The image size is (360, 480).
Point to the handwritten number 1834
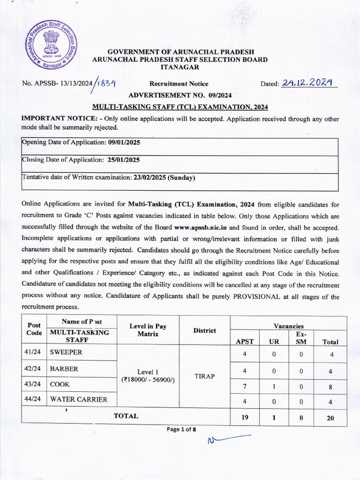click(106, 84)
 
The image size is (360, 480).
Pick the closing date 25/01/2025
click(124, 160)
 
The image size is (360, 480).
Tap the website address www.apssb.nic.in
click(197, 227)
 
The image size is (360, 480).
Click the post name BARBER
click(64, 369)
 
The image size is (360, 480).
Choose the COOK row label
click(60, 384)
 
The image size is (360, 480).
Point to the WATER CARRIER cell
click(79, 399)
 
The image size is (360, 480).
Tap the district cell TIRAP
click(204, 376)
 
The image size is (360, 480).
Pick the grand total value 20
click(330, 418)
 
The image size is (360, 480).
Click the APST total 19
click(244, 417)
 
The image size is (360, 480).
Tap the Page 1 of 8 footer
click(180, 429)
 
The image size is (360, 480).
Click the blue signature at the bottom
click(228, 439)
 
